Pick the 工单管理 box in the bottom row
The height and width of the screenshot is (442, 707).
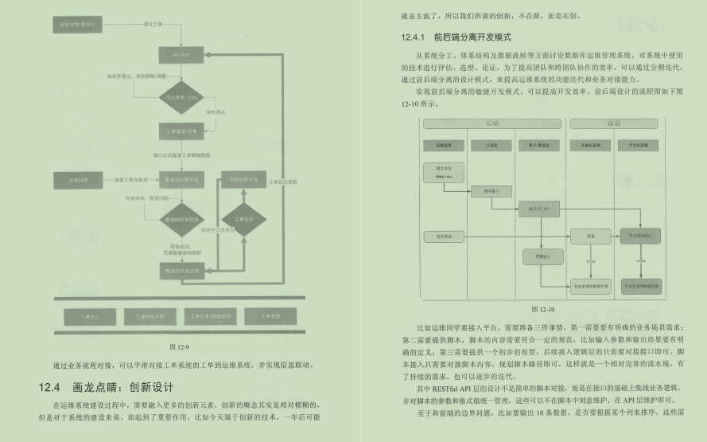[271, 316]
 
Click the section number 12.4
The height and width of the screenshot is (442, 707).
[49, 388]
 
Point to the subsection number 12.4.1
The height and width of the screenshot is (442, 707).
[419, 37]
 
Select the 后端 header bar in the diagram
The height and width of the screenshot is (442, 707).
[493, 123]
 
